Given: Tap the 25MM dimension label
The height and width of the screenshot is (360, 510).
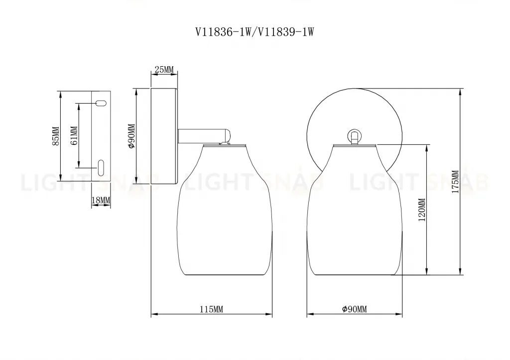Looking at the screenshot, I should click(x=164, y=69).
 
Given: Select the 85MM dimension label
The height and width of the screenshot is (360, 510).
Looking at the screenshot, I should click(x=55, y=136).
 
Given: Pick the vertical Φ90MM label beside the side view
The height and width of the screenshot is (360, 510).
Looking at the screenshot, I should click(x=131, y=136).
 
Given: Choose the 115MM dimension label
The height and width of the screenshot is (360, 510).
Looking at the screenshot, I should click(x=211, y=309).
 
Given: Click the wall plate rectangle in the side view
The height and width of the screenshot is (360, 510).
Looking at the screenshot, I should click(x=165, y=135).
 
